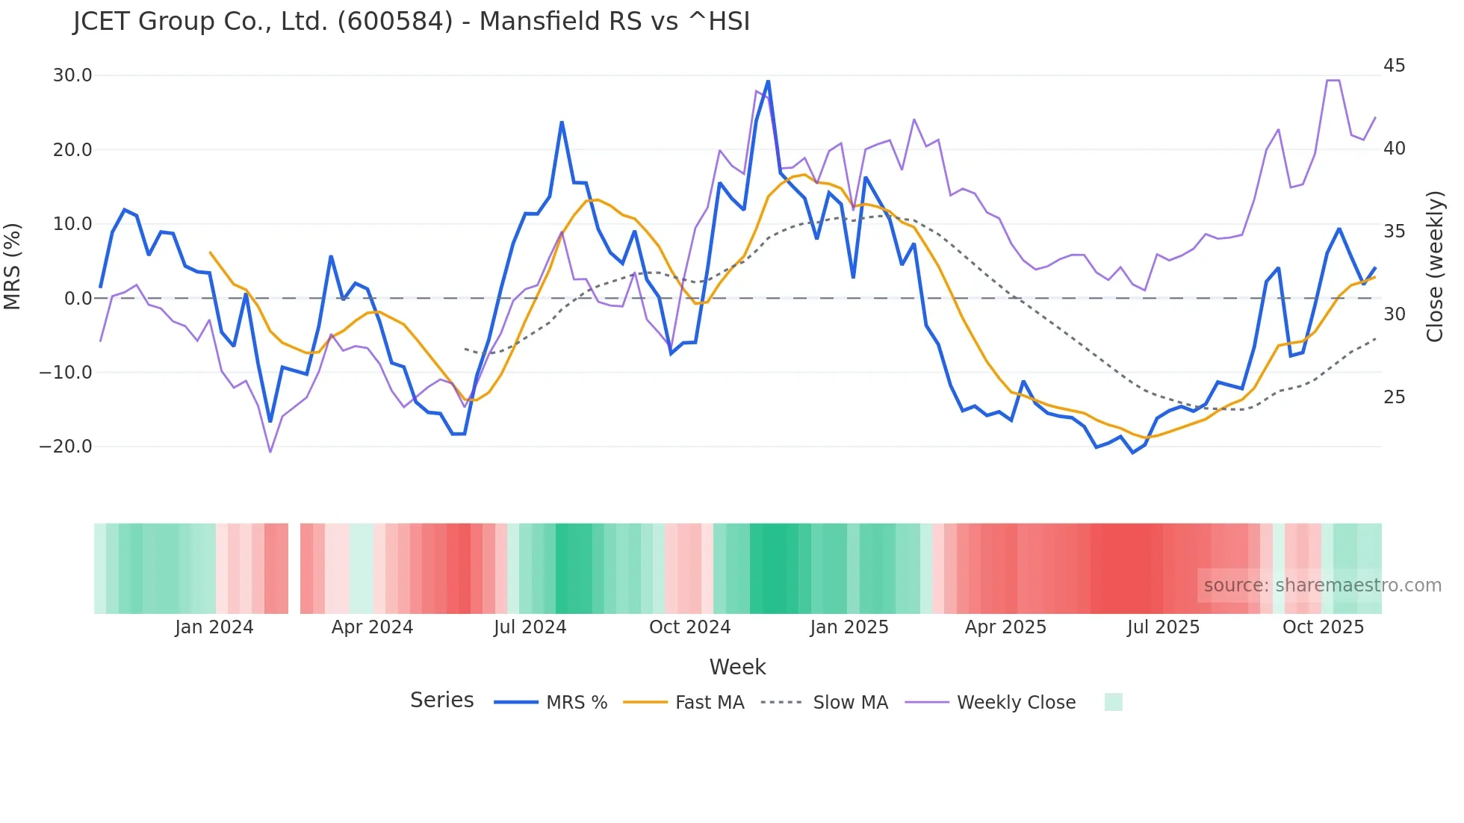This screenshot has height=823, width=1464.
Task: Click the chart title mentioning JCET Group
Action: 412,22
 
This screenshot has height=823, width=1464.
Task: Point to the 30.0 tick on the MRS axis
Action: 72,75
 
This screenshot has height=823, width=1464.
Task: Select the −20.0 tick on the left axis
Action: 66,447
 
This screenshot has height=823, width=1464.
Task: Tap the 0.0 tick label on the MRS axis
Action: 78,299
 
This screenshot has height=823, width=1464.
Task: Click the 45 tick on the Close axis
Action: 1394,66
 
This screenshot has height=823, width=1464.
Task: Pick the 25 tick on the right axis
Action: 1394,397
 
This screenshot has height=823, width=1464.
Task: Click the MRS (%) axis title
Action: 13,267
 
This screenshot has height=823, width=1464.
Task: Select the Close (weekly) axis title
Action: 1434,267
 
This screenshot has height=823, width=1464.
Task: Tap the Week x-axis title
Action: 737,667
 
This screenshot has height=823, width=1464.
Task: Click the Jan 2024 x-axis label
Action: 214,627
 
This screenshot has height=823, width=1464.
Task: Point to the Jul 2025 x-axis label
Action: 1163,627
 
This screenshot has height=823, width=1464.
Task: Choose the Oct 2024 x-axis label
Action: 689,627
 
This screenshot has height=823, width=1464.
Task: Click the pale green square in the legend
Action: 1113,702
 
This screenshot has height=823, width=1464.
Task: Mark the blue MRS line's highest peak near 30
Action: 768,81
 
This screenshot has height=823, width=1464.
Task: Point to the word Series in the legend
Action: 441,701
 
